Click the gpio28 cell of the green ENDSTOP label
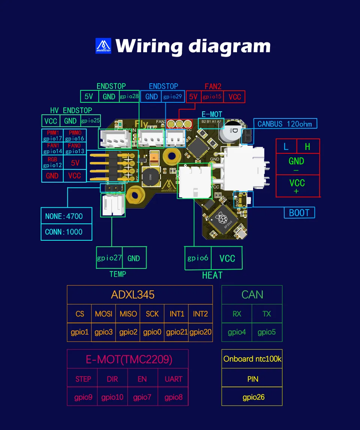click(129, 96)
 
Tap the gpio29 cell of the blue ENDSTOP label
click(173, 96)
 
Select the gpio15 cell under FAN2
click(212, 97)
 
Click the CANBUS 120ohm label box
click(285, 124)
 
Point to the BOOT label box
click(299, 213)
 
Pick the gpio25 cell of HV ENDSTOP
click(90, 121)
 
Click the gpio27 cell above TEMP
click(109, 258)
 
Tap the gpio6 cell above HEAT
click(198, 258)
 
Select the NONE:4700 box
click(64, 216)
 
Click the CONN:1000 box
click(64, 232)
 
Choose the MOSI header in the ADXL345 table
click(103, 314)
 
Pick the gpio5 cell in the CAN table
click(267, 332)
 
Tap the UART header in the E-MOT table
click(173, 379)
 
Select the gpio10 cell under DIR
click(112, 397)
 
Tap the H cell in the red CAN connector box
click(308, 146)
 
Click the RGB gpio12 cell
click(52, 162)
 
